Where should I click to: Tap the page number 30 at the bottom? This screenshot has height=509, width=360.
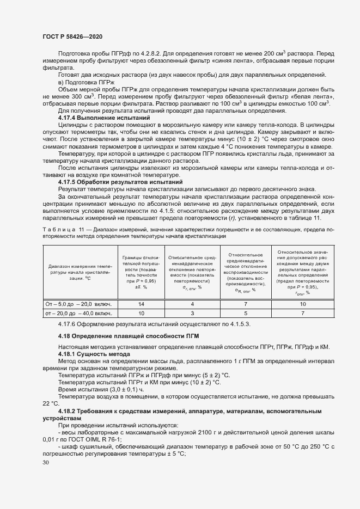[46, 462]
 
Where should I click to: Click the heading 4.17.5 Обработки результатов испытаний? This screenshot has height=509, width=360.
[120, 182]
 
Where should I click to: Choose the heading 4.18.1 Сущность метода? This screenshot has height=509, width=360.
[94, 354]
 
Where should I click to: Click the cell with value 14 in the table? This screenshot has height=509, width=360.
[141, 304]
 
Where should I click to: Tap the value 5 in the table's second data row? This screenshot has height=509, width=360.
[245, 314]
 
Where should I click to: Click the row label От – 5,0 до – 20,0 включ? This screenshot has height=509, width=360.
[79, 304]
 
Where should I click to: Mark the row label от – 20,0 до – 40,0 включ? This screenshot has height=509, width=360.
[79, 314]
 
